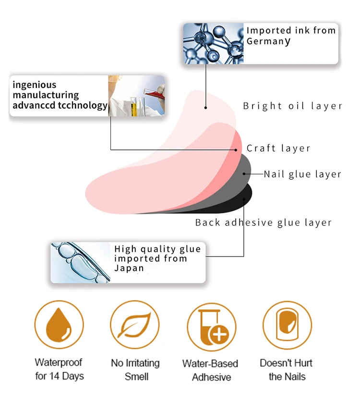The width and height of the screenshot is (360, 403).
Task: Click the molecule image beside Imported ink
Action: (x=213, y=44)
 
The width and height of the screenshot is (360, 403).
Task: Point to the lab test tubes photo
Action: (x=136, y=96)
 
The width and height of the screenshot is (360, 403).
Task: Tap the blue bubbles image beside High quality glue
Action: (x=81, y=262)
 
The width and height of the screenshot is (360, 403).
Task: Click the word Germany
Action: (x=269, y=41)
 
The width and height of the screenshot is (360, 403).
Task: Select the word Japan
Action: (x=129, y=268)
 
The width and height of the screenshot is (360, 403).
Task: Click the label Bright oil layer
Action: (x=292, y=106)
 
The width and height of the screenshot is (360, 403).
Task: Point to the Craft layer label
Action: (x=278, y=148)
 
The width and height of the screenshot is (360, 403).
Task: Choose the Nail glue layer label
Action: (x=302, y=174)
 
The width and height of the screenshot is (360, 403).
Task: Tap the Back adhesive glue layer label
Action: (x=263, y=222)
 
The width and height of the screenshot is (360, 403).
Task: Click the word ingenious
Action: (x=35, y=85)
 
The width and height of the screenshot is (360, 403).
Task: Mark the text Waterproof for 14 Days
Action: (x=59, y=369)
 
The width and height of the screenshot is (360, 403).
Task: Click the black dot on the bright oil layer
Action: (x=206, y=108)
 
